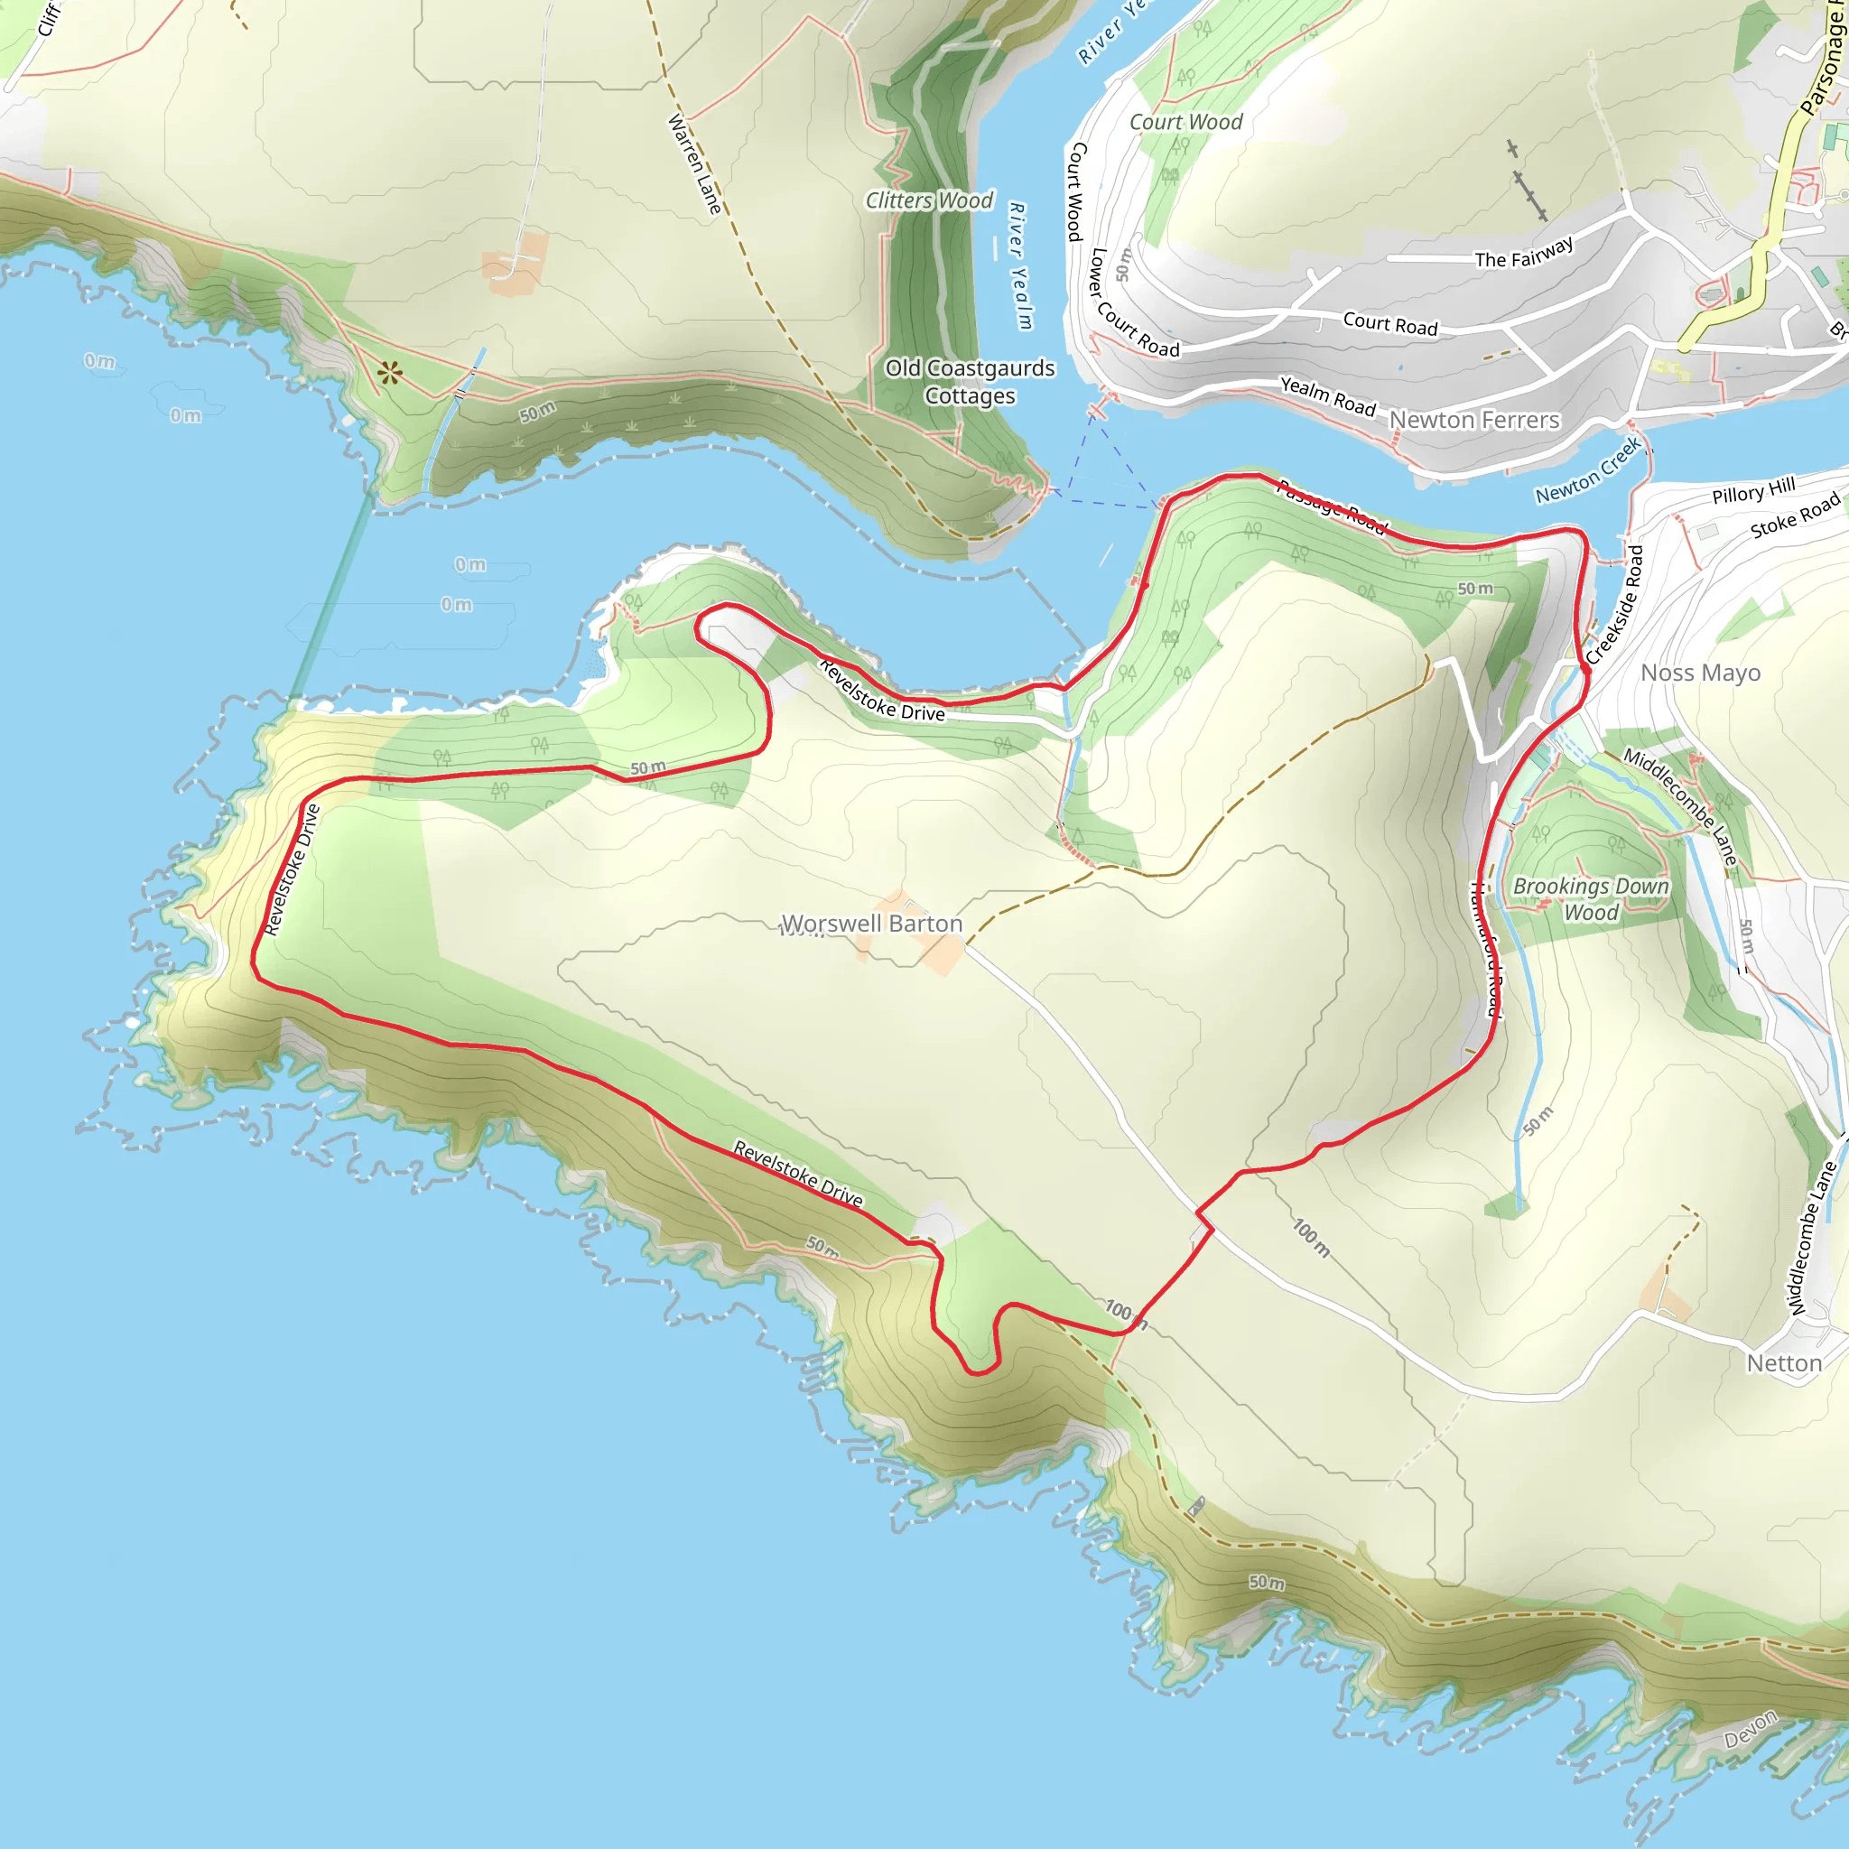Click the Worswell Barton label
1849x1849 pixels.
(x=872, y=924)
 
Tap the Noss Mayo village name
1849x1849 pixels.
(x=1700, y=673)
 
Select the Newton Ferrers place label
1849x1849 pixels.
(x=1473, y=420)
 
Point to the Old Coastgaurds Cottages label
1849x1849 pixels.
(x=970, y=382)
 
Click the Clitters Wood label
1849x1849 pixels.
(x=929, y=200)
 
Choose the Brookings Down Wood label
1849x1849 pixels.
(x=1591, y=898)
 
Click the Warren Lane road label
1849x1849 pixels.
(x=694, y=163)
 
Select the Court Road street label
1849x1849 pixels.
(x=1389, y=324)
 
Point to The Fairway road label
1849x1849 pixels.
(x=1524, y=254)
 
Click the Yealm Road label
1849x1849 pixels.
(x=1327, y=396)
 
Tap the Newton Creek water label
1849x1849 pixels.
(x=1589, y=469)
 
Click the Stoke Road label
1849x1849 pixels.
(x=1795, y=516)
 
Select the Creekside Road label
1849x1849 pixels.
(x=1614, y=604)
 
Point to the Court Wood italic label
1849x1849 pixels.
(x=1185, y=123)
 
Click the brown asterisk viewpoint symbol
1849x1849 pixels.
(x=389, y=373)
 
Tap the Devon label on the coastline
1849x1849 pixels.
(x=1751, y=1729)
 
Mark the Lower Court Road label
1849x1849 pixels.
(x=1134, y=303)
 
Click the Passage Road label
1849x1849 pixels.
(x=1333, y=506)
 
